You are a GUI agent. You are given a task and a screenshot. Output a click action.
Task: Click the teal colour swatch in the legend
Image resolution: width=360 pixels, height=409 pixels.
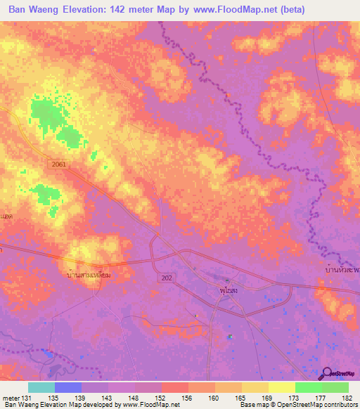41,387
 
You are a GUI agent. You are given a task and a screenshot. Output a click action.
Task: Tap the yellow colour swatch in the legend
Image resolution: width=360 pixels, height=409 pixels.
282,387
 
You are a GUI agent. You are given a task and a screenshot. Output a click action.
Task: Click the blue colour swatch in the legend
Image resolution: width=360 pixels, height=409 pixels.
68,387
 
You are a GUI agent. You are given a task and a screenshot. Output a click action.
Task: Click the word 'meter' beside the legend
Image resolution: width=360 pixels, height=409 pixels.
10,397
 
